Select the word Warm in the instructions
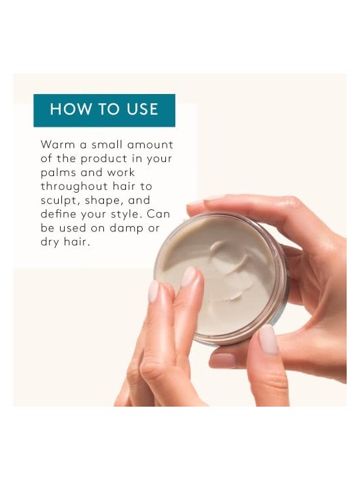point(58,145)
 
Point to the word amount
point(150,145)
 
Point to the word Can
point(158,214)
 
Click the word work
point(121,173)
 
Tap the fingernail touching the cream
point(189,276)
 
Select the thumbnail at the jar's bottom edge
point(268,339)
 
